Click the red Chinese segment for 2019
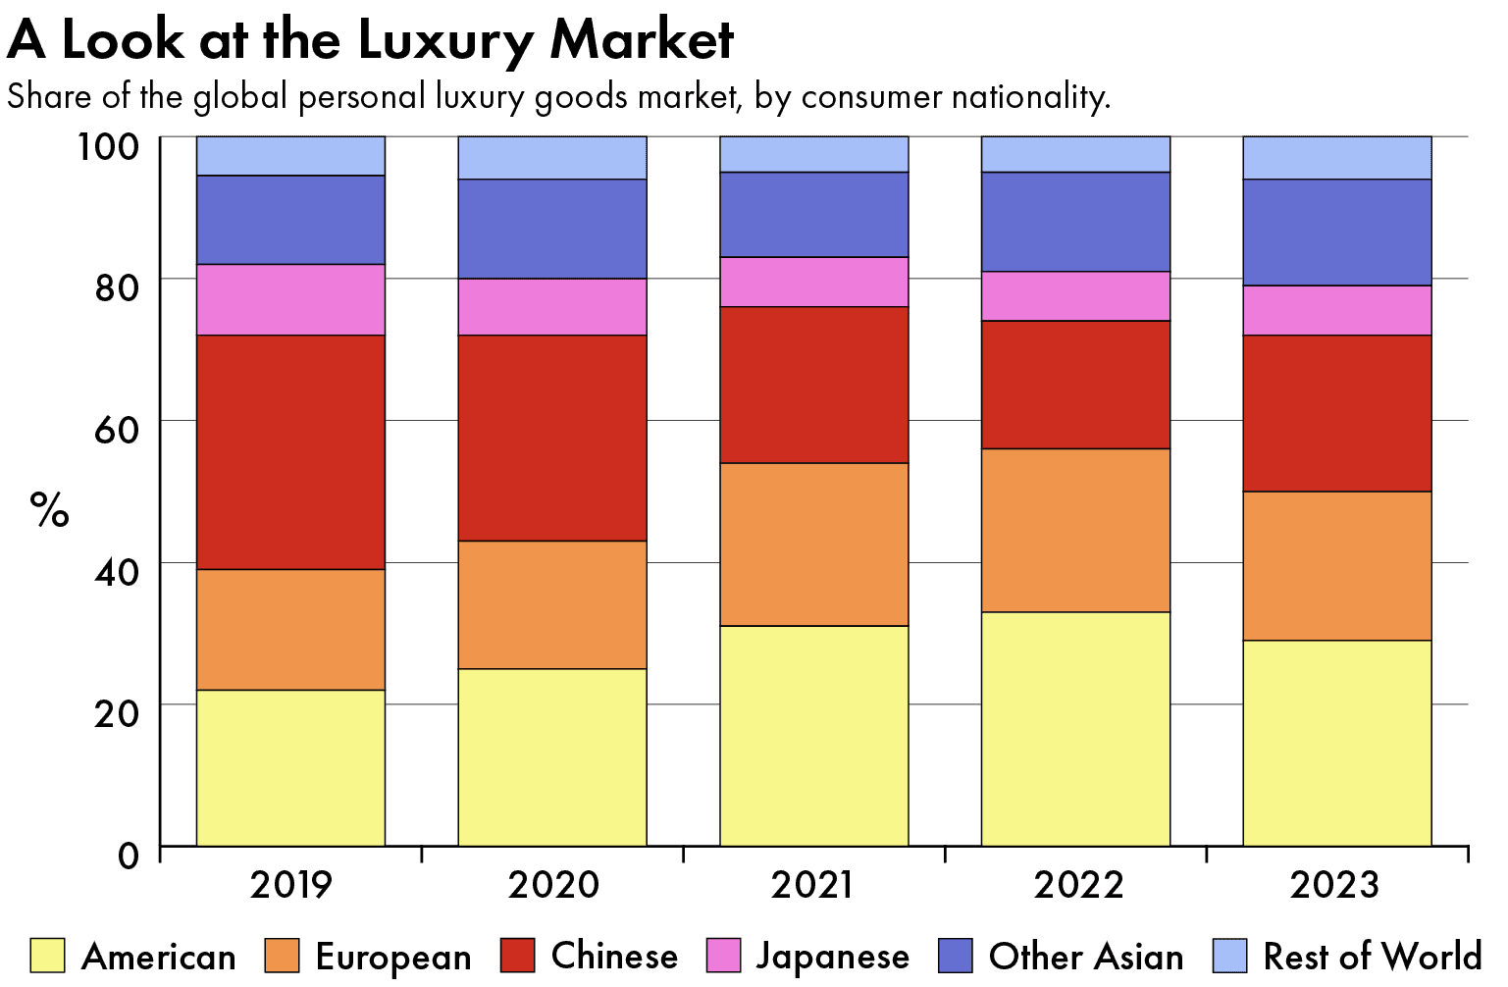(x=290, y=452)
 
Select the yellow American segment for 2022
(x=1075, y=729)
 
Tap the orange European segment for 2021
(x=813, y=545)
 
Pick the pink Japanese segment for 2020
(x=552, y=307)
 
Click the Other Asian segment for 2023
(x=1336, y=233)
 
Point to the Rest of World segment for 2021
(x=813, y=154)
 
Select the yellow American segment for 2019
(x=290, y=768)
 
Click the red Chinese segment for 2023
(x=1336, y=413)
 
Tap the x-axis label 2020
(x=552, y=885)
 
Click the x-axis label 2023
(x=1334, y=885)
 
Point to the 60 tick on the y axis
(x=116, y=429)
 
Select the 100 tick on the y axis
(x=108, y=147)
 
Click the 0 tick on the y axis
(x=129, y=855)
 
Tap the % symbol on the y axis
(x=49, y=510)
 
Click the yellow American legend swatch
(x=47, y=956)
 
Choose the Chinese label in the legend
(x=614, y=956)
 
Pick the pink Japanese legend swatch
(x=723, y=956)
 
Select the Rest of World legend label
(x=1372, y=956)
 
